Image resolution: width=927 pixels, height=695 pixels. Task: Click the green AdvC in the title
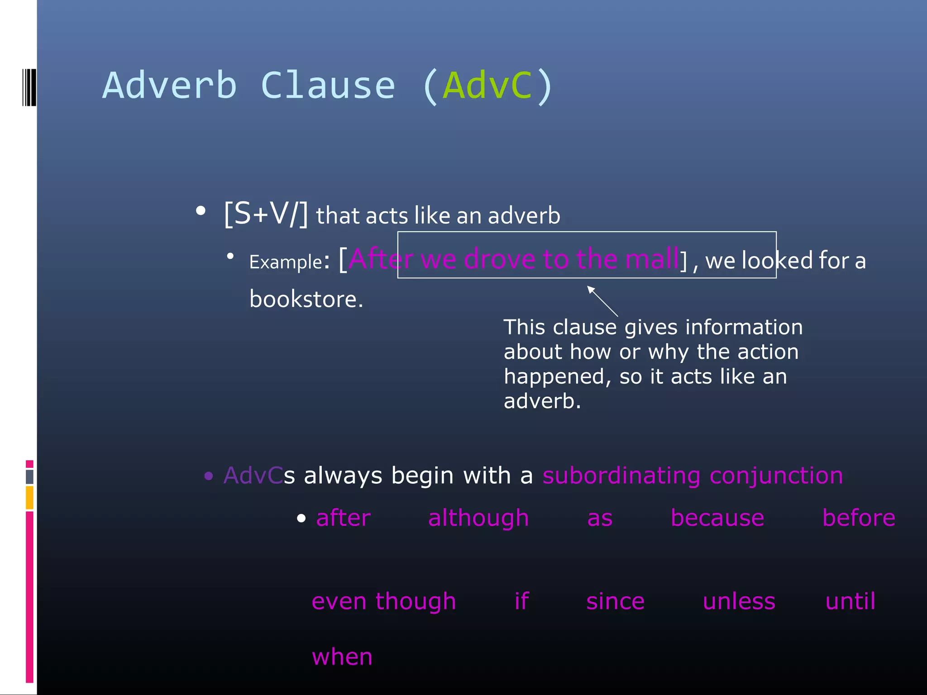(488, 86)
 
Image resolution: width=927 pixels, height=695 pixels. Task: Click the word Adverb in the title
(170, 86)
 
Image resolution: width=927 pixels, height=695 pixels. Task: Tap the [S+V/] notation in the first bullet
(266, 214)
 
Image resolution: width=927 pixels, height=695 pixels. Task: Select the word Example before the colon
(286, 262)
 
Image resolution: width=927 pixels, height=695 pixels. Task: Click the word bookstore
(306, 300)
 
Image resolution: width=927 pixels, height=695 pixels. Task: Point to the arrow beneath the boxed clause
(602, 301)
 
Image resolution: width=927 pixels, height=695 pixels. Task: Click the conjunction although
(478, 518)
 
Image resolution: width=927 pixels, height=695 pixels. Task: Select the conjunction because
(717, 518)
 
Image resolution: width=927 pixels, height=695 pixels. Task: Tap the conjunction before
(859, 518)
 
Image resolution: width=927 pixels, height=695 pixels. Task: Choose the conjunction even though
(384, 601)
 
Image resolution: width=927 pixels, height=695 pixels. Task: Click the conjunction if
(521, 601)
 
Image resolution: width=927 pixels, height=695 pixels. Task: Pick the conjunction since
(615, 601)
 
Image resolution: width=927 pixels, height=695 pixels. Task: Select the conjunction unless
(739, 601)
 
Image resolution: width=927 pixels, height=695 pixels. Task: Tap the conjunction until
(851, 601)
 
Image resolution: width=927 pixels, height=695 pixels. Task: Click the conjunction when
(342, 657)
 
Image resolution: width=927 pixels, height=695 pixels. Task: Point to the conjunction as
(600, 519)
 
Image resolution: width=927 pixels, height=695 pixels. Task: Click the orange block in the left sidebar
(29, 497)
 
